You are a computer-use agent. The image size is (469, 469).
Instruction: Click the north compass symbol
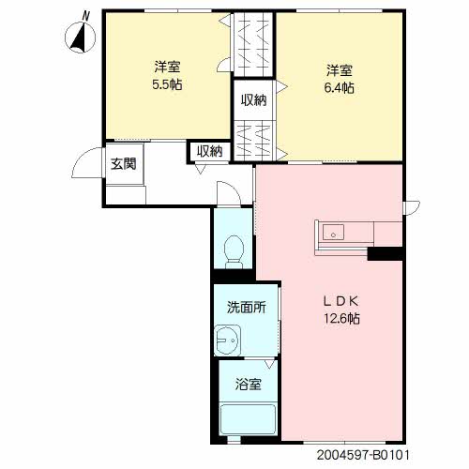80,38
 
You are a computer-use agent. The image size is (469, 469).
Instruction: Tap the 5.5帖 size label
167,84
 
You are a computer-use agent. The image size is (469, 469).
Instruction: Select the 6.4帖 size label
340,88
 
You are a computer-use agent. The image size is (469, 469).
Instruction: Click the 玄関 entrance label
124,163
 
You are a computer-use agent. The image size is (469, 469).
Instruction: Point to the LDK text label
340,301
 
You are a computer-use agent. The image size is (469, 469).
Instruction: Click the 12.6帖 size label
341,318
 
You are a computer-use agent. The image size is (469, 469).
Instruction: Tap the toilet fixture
234,251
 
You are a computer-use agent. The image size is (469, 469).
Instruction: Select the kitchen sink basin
333,233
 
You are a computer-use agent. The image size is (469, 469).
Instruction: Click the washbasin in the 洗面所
228,340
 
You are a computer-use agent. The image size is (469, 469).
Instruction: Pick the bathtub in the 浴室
248,419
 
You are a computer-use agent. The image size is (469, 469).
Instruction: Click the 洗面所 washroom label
247,308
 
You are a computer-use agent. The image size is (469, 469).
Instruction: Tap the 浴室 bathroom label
248,385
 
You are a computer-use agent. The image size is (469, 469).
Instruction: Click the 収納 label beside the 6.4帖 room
253,100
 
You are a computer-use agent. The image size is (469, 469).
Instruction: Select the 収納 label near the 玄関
209,151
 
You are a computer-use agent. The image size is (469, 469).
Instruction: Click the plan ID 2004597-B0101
363,455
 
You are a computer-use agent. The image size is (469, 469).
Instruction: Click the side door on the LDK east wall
412,207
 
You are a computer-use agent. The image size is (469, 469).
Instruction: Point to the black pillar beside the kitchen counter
385,253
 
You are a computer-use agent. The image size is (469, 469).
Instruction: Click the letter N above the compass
85,16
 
